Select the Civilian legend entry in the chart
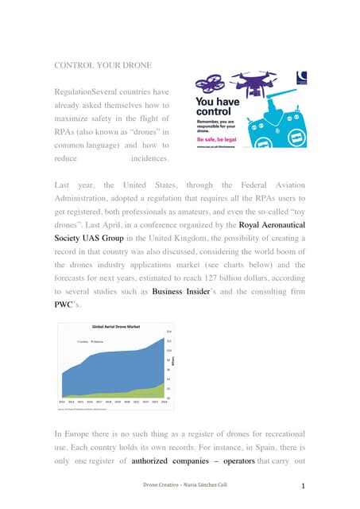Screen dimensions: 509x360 (x=83, y=342)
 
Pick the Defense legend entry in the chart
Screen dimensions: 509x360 (x=100, y=342)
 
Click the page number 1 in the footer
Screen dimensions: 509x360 (x=304, y=485)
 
